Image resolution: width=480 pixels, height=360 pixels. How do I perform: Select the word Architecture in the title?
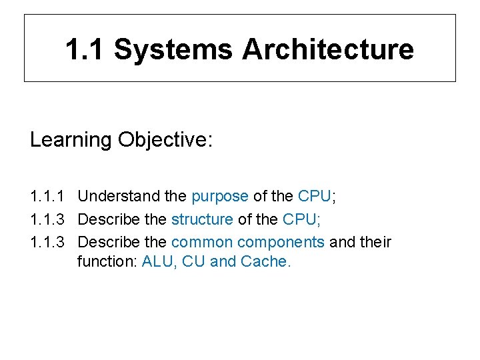pos(327,49)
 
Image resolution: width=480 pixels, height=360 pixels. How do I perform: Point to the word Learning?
pos(71,140)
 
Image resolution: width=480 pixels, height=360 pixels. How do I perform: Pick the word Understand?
pos(118,197)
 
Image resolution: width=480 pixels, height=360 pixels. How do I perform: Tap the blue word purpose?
pos(219,197)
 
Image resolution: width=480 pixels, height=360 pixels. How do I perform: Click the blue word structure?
pos(202,219)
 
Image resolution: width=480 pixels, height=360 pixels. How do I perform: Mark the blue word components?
pos(281,242)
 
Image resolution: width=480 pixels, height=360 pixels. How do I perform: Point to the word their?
pos(376,242)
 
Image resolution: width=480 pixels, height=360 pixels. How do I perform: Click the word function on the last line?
pos(107,261)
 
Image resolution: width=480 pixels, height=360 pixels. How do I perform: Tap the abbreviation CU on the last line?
pos(193,261)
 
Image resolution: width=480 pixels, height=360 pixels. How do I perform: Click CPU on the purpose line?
pos(314,197)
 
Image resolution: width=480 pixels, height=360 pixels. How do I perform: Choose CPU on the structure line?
pos(299,219)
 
